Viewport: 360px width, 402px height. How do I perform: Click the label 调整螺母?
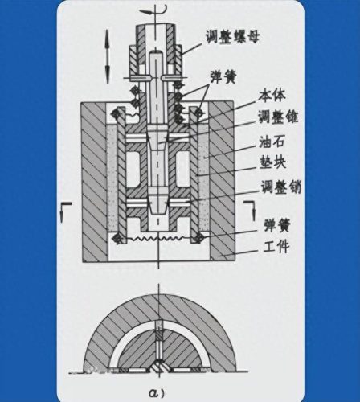(233, 36)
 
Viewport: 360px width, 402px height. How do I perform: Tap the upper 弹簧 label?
(223, 76)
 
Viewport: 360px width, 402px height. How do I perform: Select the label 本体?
(272, 96)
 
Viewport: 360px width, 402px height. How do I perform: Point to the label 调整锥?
(278, 117)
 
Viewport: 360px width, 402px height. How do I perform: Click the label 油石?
(272, 142)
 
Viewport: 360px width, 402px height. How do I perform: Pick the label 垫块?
(272, 162)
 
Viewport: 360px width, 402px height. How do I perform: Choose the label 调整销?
(281, 187)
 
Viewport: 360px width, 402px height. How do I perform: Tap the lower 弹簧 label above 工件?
(277, 225)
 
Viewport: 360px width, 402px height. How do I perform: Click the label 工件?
(276, 247)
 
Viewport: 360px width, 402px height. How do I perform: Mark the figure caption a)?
(157, 393)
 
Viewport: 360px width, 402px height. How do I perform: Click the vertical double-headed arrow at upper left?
(107, 56)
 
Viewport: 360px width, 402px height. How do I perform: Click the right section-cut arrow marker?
(250, 210)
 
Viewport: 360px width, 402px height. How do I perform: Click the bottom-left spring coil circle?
(118, 237)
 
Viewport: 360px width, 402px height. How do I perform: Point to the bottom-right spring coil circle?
(199, 237)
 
